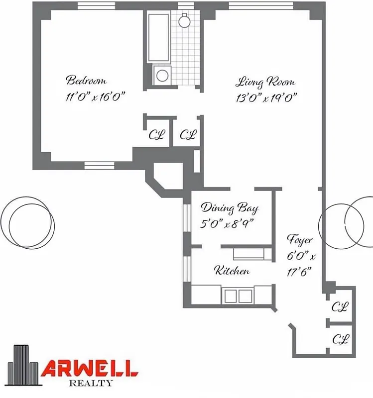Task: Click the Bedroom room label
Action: pos(86,81)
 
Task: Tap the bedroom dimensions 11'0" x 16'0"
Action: pos(94,97)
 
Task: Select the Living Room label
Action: pos(264,82)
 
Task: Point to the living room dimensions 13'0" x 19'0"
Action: pos(266,98)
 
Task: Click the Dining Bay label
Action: pos(229,208)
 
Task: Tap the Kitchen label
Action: pos(232,271)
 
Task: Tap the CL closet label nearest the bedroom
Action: pos(157,135)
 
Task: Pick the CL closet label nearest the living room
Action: pos(188,135)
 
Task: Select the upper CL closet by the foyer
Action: pos(340,307)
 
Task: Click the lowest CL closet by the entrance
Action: pos(340,339)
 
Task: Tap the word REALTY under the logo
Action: pos(90,383)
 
